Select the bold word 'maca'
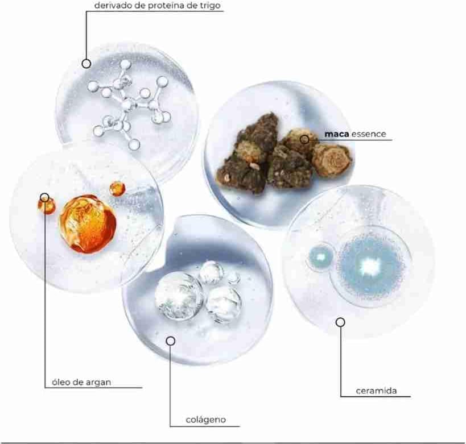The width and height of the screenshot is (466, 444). [x=337, y=134]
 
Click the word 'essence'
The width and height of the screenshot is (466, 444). [x=369, y=134]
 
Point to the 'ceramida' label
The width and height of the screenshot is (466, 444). [x=376, y=391]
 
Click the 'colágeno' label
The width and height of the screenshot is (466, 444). [x=205, y=420]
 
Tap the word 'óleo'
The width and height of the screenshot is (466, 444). [x=61, y=382]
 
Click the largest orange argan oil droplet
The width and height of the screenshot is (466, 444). [x=88, y=223]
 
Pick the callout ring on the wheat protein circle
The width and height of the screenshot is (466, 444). [x=86, y=64]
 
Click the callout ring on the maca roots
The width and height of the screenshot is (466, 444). [x=304, y=139]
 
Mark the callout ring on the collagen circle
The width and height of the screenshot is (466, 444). [x=171, y=341]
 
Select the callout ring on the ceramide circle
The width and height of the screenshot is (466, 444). [x=341, y=322]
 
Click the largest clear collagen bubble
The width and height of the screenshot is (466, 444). [x=179, y=296]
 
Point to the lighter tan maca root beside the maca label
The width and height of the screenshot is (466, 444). [x=332, y=160]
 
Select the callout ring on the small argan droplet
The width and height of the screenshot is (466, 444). [x=44, y=197]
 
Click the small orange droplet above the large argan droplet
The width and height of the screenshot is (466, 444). [x=117, y=189]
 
